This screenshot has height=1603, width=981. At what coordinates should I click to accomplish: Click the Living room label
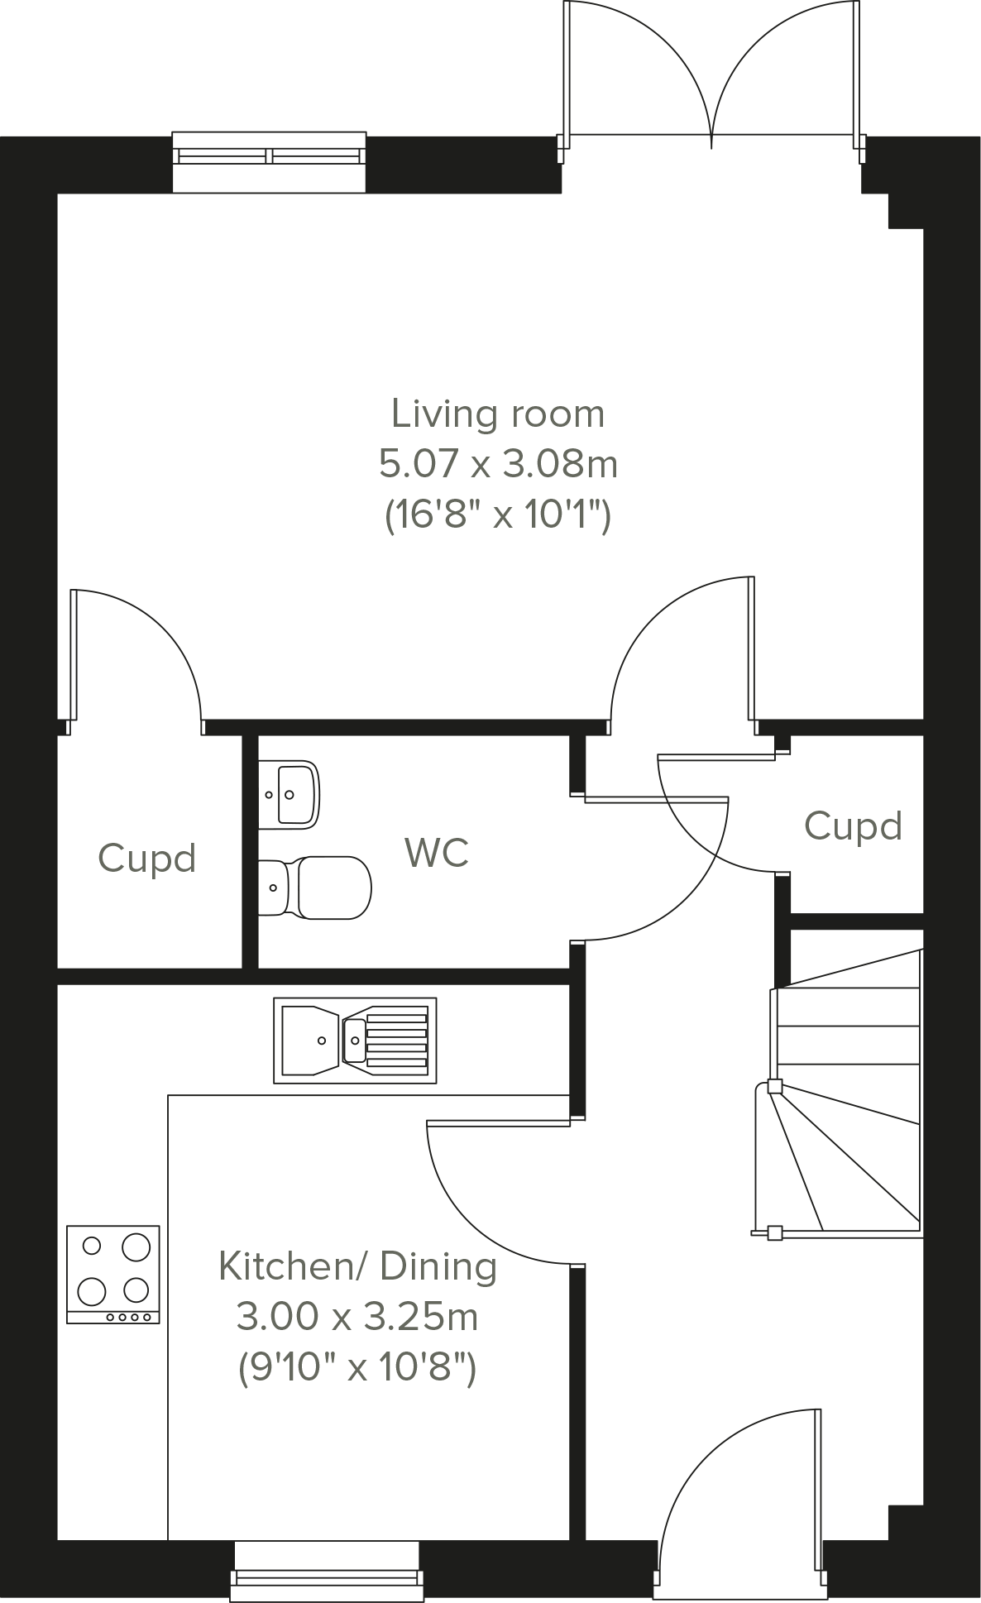click(x=497, y=414)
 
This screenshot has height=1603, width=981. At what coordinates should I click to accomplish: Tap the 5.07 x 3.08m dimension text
click(x=497, y=464)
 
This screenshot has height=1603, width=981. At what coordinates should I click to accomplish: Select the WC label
click(x=437, y=853)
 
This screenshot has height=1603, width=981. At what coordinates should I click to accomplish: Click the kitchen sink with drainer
click(x=355, y=1040)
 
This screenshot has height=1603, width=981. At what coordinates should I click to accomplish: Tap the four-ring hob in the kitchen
click(x=113, y=1274)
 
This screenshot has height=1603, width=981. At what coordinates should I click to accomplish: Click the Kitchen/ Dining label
click(x=357, y=1266)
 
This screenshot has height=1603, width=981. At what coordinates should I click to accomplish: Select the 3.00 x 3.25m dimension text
click(x=357, y=1316)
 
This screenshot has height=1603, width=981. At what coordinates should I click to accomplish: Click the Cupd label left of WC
click(x=147, y=859)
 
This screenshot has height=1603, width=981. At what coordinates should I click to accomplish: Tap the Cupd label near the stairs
click(x=853, y=826)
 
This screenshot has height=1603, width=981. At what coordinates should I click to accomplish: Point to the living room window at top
click(x=269, y=161)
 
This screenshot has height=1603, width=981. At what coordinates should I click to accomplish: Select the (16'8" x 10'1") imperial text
click(x=497, y=515)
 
